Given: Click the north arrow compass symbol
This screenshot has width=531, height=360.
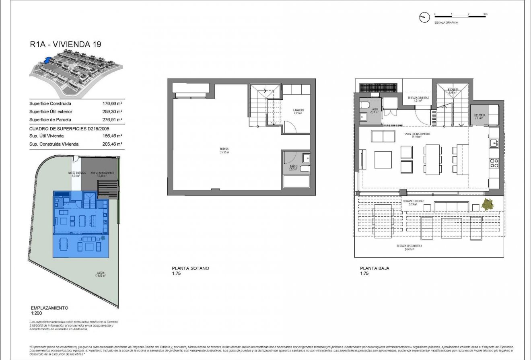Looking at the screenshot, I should (423, 17).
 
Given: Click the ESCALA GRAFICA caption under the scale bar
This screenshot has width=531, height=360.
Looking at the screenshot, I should (446, 23).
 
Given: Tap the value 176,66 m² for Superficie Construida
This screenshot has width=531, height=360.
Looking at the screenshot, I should (113, 103).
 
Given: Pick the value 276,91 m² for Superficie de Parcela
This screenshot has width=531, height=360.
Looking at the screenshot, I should (113, 119).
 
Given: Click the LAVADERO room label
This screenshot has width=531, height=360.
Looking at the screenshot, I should (298, 111).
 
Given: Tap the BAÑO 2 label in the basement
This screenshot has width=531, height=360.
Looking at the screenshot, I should (293, 167).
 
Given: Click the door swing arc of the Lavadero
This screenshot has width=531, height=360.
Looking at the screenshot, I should (292, 128).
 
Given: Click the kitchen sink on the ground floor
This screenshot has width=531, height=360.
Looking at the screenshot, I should (493, 142).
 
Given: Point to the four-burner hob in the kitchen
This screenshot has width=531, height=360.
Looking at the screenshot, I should (493, 163).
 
